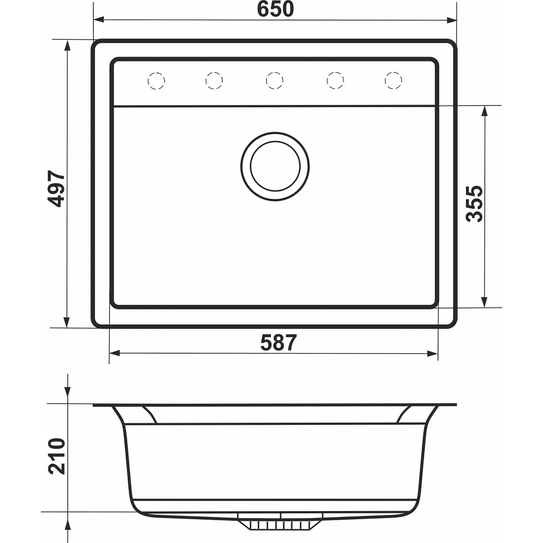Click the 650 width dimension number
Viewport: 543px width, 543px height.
[275, 9]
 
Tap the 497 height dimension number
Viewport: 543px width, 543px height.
[56, 189]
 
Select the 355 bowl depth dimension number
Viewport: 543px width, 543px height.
[474, 204]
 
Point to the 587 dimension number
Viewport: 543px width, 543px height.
[278, 343]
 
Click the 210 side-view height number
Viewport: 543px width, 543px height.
[56, 456]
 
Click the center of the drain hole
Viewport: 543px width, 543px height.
[275, 166]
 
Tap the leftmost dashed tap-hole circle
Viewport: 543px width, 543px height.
[156, 81]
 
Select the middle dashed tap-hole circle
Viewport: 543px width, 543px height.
[275, 81]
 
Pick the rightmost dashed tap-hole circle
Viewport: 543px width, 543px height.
[393, 81]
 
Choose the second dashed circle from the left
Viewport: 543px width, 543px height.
[214, 81]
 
